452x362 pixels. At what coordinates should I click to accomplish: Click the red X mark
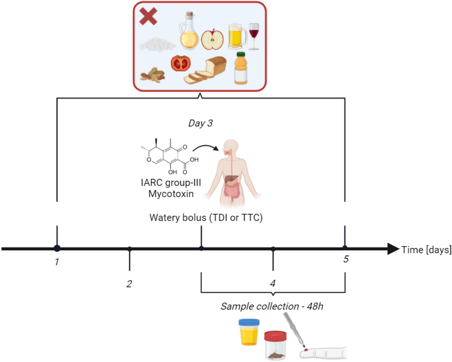tap(148, 16)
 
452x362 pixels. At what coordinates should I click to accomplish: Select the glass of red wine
tap(254, 36)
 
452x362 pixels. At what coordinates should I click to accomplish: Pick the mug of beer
tap(237, 37)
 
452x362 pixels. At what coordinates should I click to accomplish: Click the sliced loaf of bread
tap(206, 70)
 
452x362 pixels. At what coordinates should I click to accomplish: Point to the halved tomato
tap(181, 63)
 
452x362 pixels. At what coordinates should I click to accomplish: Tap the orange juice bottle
tap(241, 68)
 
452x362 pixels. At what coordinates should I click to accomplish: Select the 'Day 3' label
tap(200, 123)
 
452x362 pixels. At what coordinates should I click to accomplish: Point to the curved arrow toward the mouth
tap(206, 147)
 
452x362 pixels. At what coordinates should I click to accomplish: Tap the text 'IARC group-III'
tap(171, 183)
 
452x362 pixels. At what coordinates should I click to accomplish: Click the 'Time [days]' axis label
tap(426, 250)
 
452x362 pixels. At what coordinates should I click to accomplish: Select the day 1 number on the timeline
tap(57, 262)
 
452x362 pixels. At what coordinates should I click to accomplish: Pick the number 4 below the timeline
tap(273, 283)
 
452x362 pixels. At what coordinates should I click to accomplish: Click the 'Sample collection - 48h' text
tap(272, 306)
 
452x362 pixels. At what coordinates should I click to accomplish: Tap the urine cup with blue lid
tap(249, 332)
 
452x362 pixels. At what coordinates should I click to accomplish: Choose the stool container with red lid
tap(275, 345)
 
